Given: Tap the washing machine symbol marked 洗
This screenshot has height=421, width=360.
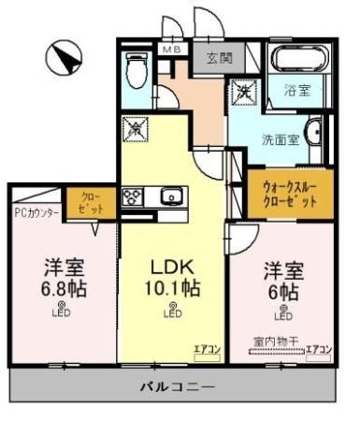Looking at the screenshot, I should click(x=243, y=93).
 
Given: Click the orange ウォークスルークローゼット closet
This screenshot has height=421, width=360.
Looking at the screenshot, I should click(x=288, y=195).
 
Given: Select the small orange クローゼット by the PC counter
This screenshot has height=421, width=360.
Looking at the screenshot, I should click(x=92, y=202).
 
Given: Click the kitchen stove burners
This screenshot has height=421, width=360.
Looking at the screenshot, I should click(x=132, y=198).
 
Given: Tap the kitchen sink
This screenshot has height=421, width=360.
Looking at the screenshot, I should click(x=172, y=197).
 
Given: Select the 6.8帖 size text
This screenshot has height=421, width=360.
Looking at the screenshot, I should click(x=63, y=288).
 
